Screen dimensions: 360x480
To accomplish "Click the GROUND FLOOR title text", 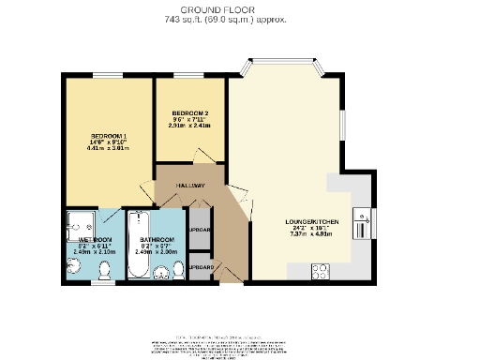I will pyautogui.click(x=239, y=8).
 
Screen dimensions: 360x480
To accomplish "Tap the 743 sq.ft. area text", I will pyautogui.click(x=239, y=19).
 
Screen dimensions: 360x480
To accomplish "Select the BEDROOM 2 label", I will pyautogui.click(x=190, y=113).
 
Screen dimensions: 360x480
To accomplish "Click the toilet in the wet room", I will pyautogui.click(x=105, y=270).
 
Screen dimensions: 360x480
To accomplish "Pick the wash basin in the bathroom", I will pyautogui.click(x=158, y=275).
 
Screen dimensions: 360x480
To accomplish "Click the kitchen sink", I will pyautogui.click(x=360, y=224).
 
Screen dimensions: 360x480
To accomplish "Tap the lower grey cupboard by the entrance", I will pyautogui.click(x=200, y=267).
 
